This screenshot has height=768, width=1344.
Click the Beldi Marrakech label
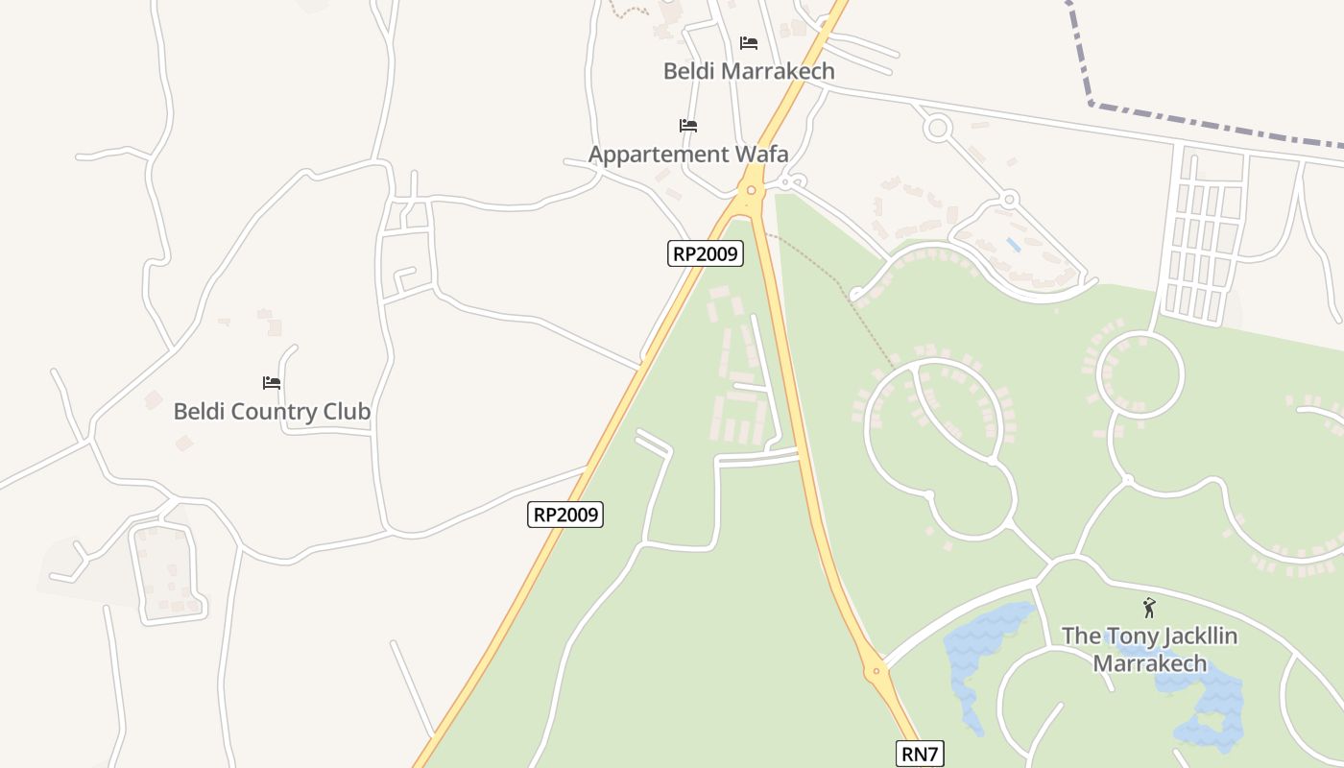[x=749, y=71]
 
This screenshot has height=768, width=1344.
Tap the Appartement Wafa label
[x=688, y=155]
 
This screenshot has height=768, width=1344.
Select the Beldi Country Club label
[x=272, y=412]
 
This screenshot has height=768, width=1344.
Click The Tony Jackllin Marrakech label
[x=1149, y=650]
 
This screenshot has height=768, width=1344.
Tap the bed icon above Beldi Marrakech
[x=749, y=43]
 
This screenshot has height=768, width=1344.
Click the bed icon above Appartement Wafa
[x=687, y=126]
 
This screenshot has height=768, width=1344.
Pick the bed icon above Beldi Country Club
[x=272, y=383]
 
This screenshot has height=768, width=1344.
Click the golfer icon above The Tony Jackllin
[x=1149, y=608]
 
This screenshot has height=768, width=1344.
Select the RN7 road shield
[x=919, y=754]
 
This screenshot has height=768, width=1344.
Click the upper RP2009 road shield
[x=706, y=253]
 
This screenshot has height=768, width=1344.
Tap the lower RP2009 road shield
[x=565, y=515]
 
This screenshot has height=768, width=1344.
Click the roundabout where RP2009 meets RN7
[x=750, y=190]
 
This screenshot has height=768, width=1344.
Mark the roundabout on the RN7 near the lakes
[x=875, y=672]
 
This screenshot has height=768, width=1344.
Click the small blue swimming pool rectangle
[x=1014, y=245]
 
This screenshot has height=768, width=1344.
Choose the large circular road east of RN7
[x=1140, y=374]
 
